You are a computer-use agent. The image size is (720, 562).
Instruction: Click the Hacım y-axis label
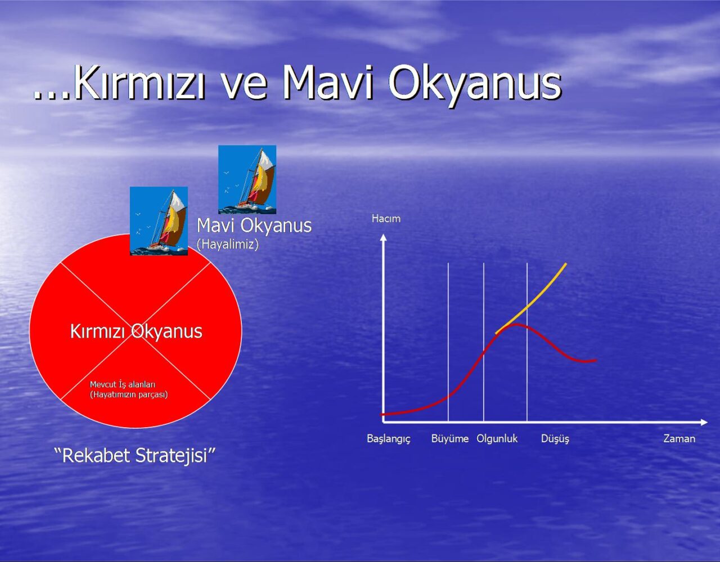386,219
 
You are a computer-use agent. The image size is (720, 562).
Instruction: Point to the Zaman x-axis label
679,438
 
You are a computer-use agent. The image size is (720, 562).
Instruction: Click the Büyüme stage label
450,438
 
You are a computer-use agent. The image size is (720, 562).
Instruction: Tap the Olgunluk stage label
497,439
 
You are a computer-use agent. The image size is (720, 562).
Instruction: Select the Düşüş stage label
555,439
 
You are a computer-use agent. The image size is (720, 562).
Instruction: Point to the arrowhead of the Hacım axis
384,237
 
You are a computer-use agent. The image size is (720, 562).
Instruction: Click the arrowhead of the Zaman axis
704,422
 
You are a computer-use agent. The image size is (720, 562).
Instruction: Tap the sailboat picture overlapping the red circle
159,221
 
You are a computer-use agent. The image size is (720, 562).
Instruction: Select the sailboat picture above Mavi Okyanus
247,179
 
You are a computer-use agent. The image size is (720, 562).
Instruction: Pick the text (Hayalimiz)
227,244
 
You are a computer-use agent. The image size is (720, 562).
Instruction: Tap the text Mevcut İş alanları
123,384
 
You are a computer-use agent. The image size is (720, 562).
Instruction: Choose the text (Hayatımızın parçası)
129,395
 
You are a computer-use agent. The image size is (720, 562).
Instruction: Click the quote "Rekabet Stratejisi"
134,455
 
